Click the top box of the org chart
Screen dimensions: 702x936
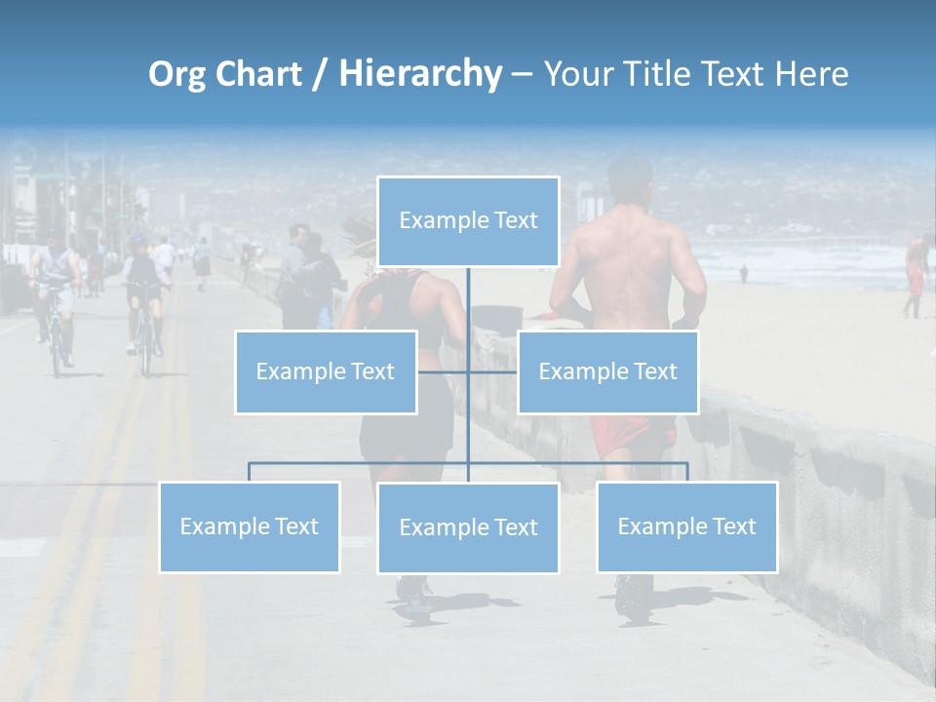pos(468,221)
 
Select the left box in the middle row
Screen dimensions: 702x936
pos(326,371)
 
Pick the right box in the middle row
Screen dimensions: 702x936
pos(607,371)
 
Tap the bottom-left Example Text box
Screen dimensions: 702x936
pos(250,526)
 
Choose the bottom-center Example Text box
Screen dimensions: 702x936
pos(468,527)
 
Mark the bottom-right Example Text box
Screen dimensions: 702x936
pos(686,526)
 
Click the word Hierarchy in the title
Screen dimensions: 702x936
pos(420,74)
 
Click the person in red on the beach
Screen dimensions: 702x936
pos(915,273)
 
